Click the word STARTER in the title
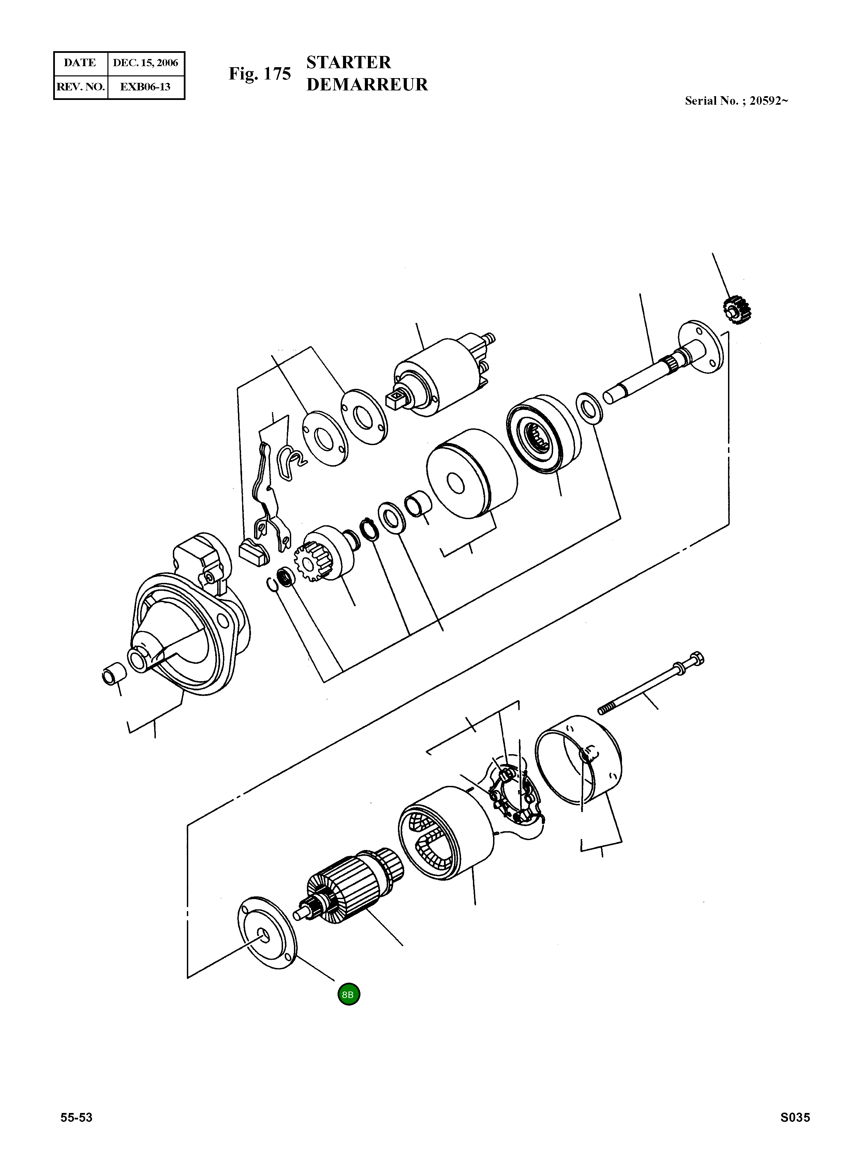(x=348, y=62)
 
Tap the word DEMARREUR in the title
(x=367, y=85)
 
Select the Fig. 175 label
(x=259, y=74)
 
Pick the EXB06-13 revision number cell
(x=145, y=87)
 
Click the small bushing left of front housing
(x=113, y=675)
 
